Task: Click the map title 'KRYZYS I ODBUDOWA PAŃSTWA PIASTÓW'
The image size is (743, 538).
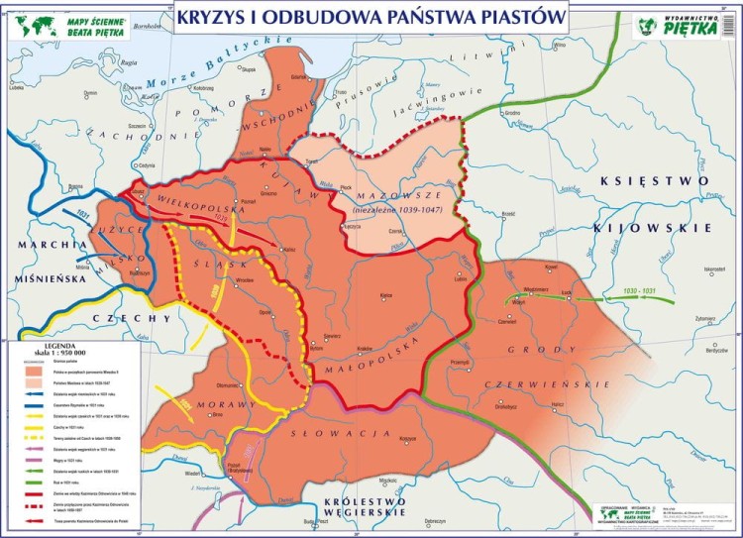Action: point(372,17)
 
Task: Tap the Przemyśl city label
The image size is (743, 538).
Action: point(459,364)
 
